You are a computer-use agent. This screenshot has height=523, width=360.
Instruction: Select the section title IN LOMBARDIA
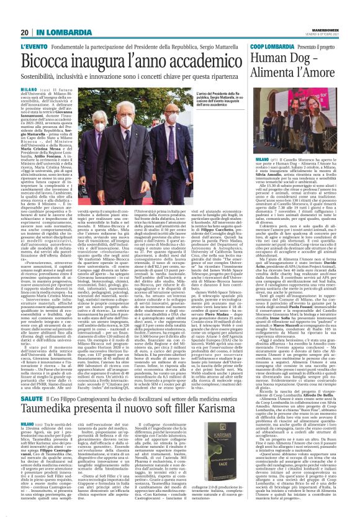pos(58,32)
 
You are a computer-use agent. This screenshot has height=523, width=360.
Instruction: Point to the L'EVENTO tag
pos(34,47)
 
